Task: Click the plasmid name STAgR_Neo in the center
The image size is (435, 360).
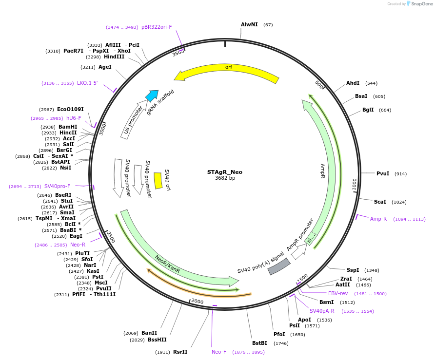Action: [224, 172]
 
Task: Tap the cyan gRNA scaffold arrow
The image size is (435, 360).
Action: [152, 95]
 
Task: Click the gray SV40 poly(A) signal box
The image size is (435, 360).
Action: [279, 266]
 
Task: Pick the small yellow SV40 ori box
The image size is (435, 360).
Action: [158, 180]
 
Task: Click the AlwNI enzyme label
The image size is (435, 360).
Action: [249, 24]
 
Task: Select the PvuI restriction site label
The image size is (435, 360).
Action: [383, 174]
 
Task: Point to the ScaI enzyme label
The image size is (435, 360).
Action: [380, 202]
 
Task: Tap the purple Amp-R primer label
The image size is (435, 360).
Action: [378, 219]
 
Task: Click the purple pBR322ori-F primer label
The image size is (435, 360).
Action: [157, 27]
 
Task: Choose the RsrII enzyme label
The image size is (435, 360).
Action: [180, 352]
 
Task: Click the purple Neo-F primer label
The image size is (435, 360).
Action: [219, 352]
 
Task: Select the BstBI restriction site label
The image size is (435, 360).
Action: [259, 343]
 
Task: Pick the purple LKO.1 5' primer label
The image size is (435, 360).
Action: [87, 83]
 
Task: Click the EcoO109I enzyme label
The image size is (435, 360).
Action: [70, 109]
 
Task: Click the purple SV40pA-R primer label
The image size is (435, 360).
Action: [322, 311]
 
